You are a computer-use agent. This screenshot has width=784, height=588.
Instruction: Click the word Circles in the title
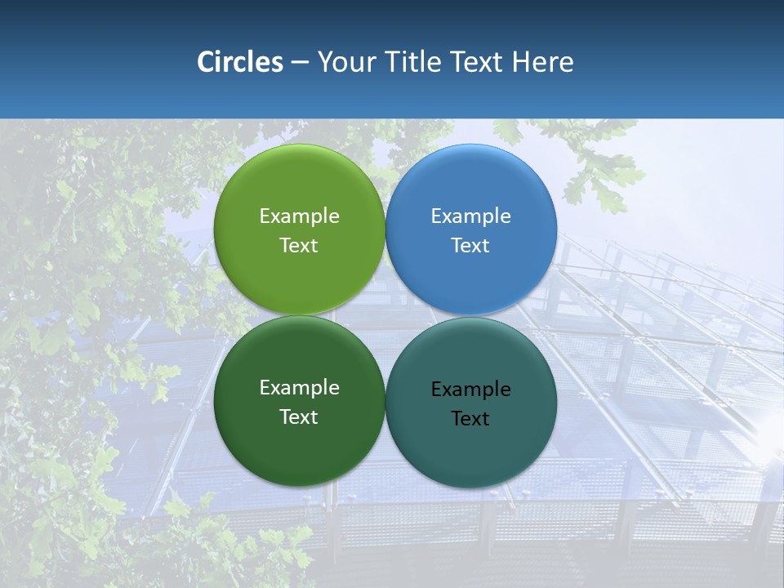(240, 62)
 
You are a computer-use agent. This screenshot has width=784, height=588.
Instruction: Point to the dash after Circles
(300, 63)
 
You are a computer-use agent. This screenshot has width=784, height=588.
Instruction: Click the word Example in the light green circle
(299, 216)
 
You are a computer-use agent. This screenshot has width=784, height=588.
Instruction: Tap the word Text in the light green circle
(299, 245)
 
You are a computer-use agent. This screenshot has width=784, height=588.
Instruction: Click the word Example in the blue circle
(471, 216)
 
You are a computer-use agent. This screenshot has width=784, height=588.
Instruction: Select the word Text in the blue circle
(471, 245)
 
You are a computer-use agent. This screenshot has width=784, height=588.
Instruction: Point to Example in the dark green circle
(299, 387)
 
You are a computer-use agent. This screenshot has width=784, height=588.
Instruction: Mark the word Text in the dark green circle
(299, 416)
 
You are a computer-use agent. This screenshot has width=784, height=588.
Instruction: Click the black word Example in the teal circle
(471, 389)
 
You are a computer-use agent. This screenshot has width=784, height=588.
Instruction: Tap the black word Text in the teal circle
(471, 418)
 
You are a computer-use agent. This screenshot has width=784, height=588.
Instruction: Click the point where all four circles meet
(385, 315)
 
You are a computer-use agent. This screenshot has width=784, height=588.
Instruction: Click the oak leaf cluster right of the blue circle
(604, 176)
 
